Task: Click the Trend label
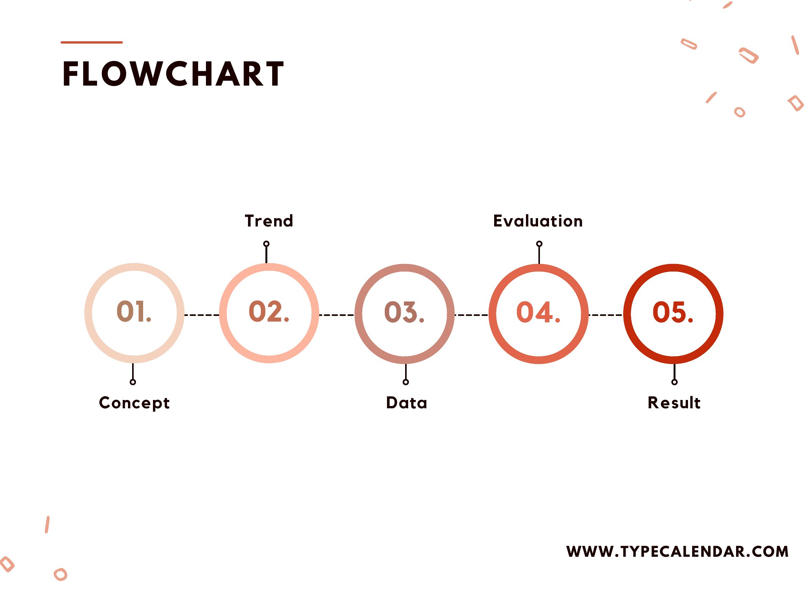(269, 221)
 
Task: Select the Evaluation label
(538, 221)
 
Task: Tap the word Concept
(134, 403)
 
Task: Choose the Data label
(407, 403)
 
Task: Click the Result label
(674, 403)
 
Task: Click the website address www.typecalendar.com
(678, 551)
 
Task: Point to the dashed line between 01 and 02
(202, 315)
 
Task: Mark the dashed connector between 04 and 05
(606, 315)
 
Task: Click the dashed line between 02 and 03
(337, 315)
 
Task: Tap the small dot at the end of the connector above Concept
(133, 382)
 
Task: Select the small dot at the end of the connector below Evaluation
(539, 244)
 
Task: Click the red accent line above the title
(92, 42)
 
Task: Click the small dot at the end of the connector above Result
(674, 382)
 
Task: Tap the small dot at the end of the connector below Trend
(267, 244)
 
